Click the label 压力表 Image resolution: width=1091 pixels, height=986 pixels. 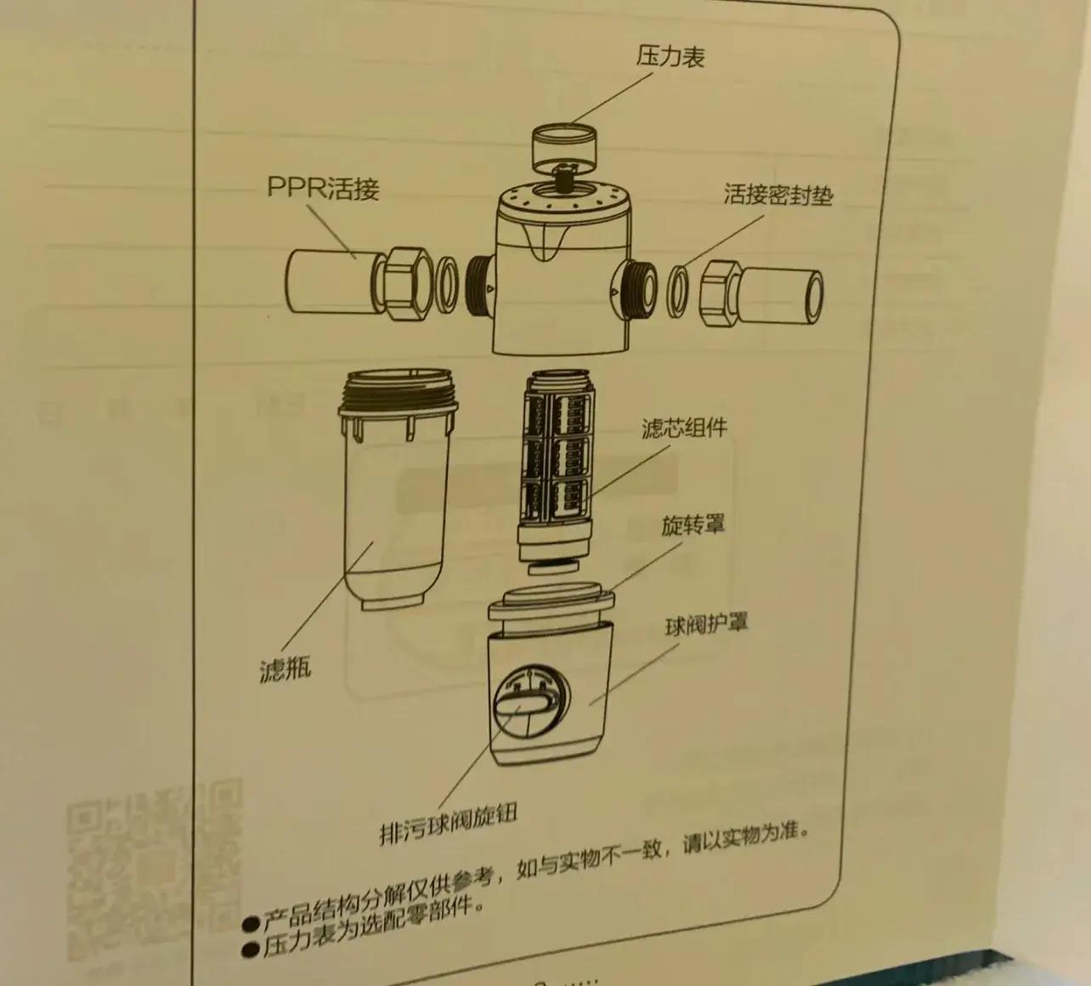pos(670,57)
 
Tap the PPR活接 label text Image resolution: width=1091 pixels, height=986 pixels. pos(323,189)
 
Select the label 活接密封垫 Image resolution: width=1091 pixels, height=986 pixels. pos(778,194)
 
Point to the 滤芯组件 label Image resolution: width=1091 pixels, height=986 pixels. pos(684,428)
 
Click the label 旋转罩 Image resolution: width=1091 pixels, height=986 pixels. pos(693,525)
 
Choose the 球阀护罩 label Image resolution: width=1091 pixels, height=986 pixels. pos(706,624)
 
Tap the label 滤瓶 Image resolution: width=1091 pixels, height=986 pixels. pos(285,667)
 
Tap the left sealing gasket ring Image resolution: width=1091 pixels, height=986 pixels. pos(447,286)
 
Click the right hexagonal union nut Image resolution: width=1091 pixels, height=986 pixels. pos(719,294)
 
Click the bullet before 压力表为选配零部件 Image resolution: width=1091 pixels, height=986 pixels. pos(250,950)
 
